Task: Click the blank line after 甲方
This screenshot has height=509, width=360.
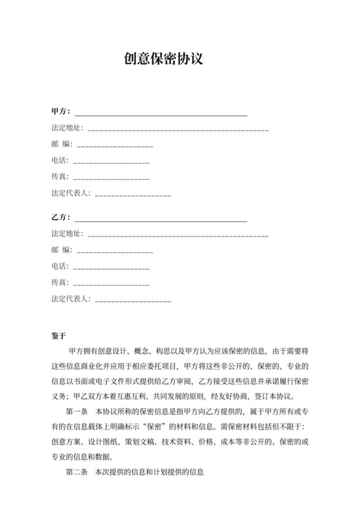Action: click(161, 114)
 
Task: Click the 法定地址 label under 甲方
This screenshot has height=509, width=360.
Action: click(66, 129)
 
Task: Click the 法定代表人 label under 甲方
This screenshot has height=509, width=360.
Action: click(70, 193)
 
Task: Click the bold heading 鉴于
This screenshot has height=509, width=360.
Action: click(59, 336)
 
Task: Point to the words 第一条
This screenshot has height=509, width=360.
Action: click(76, 412)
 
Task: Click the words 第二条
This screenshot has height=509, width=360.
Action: click(76, 472)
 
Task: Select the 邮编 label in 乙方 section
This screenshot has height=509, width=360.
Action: click(62, 250)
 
